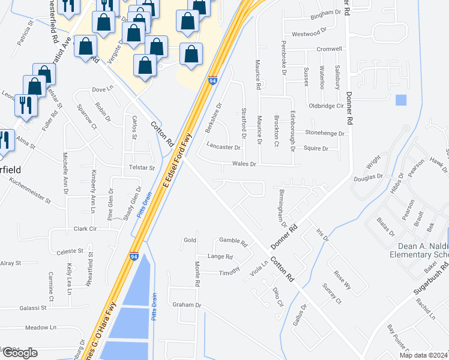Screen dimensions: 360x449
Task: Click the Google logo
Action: [20, 353]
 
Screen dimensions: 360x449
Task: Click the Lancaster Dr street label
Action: [223, 146]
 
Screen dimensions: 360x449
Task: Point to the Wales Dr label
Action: [244, 163]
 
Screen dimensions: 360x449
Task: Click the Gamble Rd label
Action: [234, 243]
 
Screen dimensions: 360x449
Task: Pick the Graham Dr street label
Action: [187, 305]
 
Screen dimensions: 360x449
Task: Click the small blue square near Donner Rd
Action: [402, 100]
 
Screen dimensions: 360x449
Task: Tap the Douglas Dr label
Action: [367, 177]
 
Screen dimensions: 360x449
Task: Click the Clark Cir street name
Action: [85, 229]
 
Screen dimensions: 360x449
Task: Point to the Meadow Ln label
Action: [40, 328]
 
